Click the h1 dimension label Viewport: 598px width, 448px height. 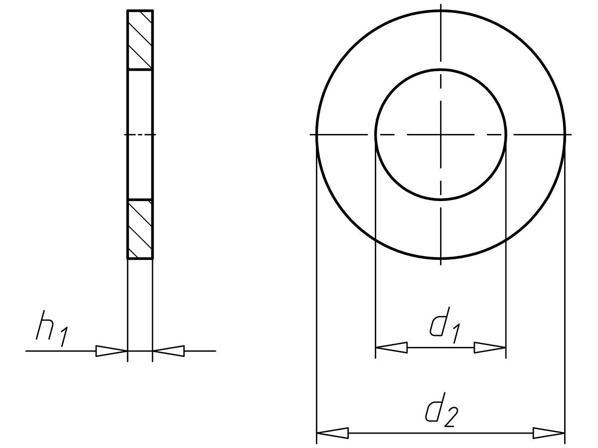click(52, 329)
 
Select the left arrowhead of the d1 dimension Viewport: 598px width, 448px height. click(392, 347)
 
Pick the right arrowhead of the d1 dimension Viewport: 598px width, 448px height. click(490, 347)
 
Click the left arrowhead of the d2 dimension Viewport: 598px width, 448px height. click(333, 433)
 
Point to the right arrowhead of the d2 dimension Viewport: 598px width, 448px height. click(549, 433)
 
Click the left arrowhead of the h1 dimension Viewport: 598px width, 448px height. click(112, 351)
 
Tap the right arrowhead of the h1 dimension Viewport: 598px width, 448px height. click(168, 351)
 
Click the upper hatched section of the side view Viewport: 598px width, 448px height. click(140, 40)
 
